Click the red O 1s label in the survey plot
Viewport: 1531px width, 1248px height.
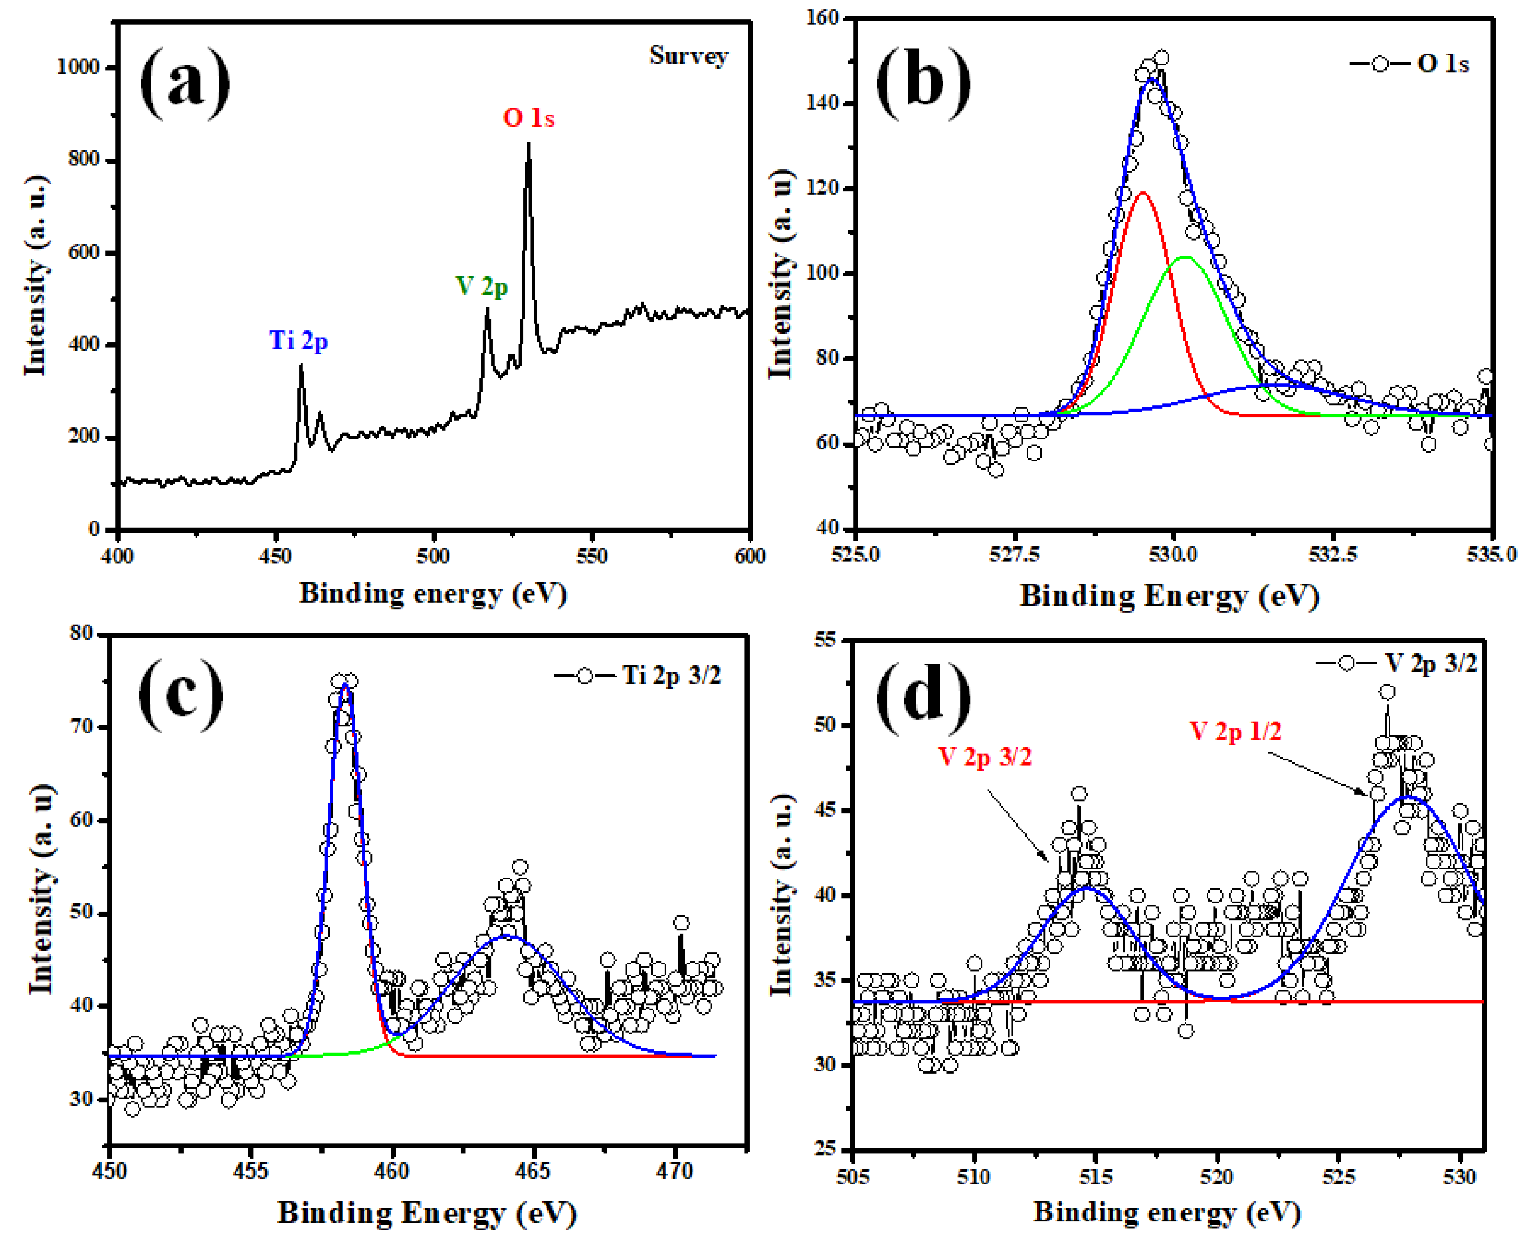coord(529,118)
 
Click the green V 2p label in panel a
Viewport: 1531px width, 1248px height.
coord(481,287)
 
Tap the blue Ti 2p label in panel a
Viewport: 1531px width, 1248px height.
coord(298,340)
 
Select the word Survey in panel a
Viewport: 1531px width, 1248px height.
coord(688,55)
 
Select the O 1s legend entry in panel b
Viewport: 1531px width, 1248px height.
coord(1409,64)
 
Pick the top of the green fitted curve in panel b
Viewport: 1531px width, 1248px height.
coord(1185,257)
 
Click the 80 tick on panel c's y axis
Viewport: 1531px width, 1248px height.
coord(81,633)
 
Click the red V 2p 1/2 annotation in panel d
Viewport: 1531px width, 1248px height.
coord(1235,732)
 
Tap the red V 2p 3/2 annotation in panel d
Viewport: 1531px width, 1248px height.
coord(985,756)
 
